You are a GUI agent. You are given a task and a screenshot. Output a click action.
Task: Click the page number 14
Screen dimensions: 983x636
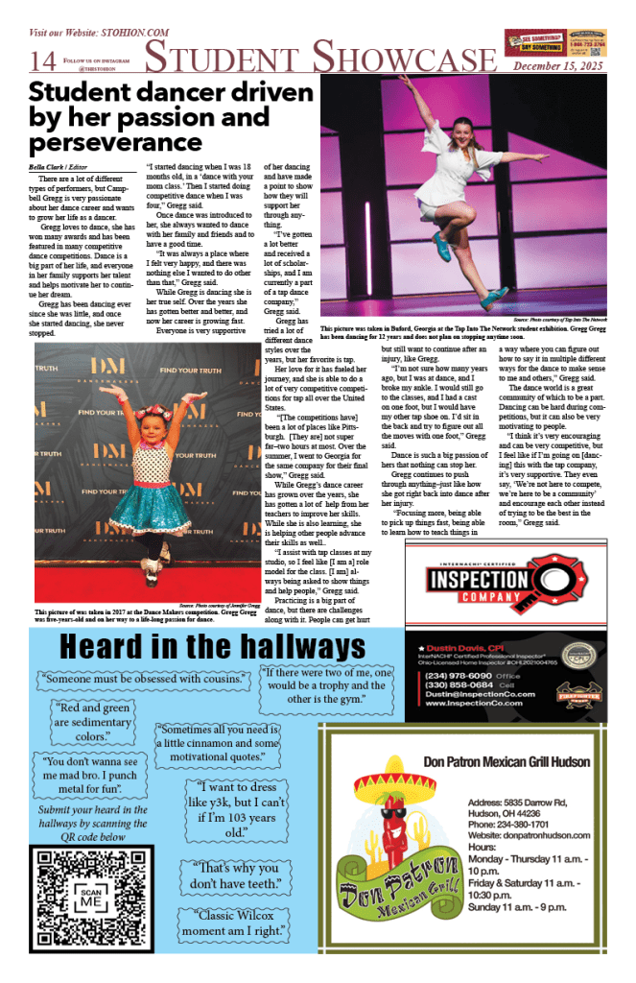43,60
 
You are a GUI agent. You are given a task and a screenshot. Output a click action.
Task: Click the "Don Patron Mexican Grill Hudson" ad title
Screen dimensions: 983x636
506,762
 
